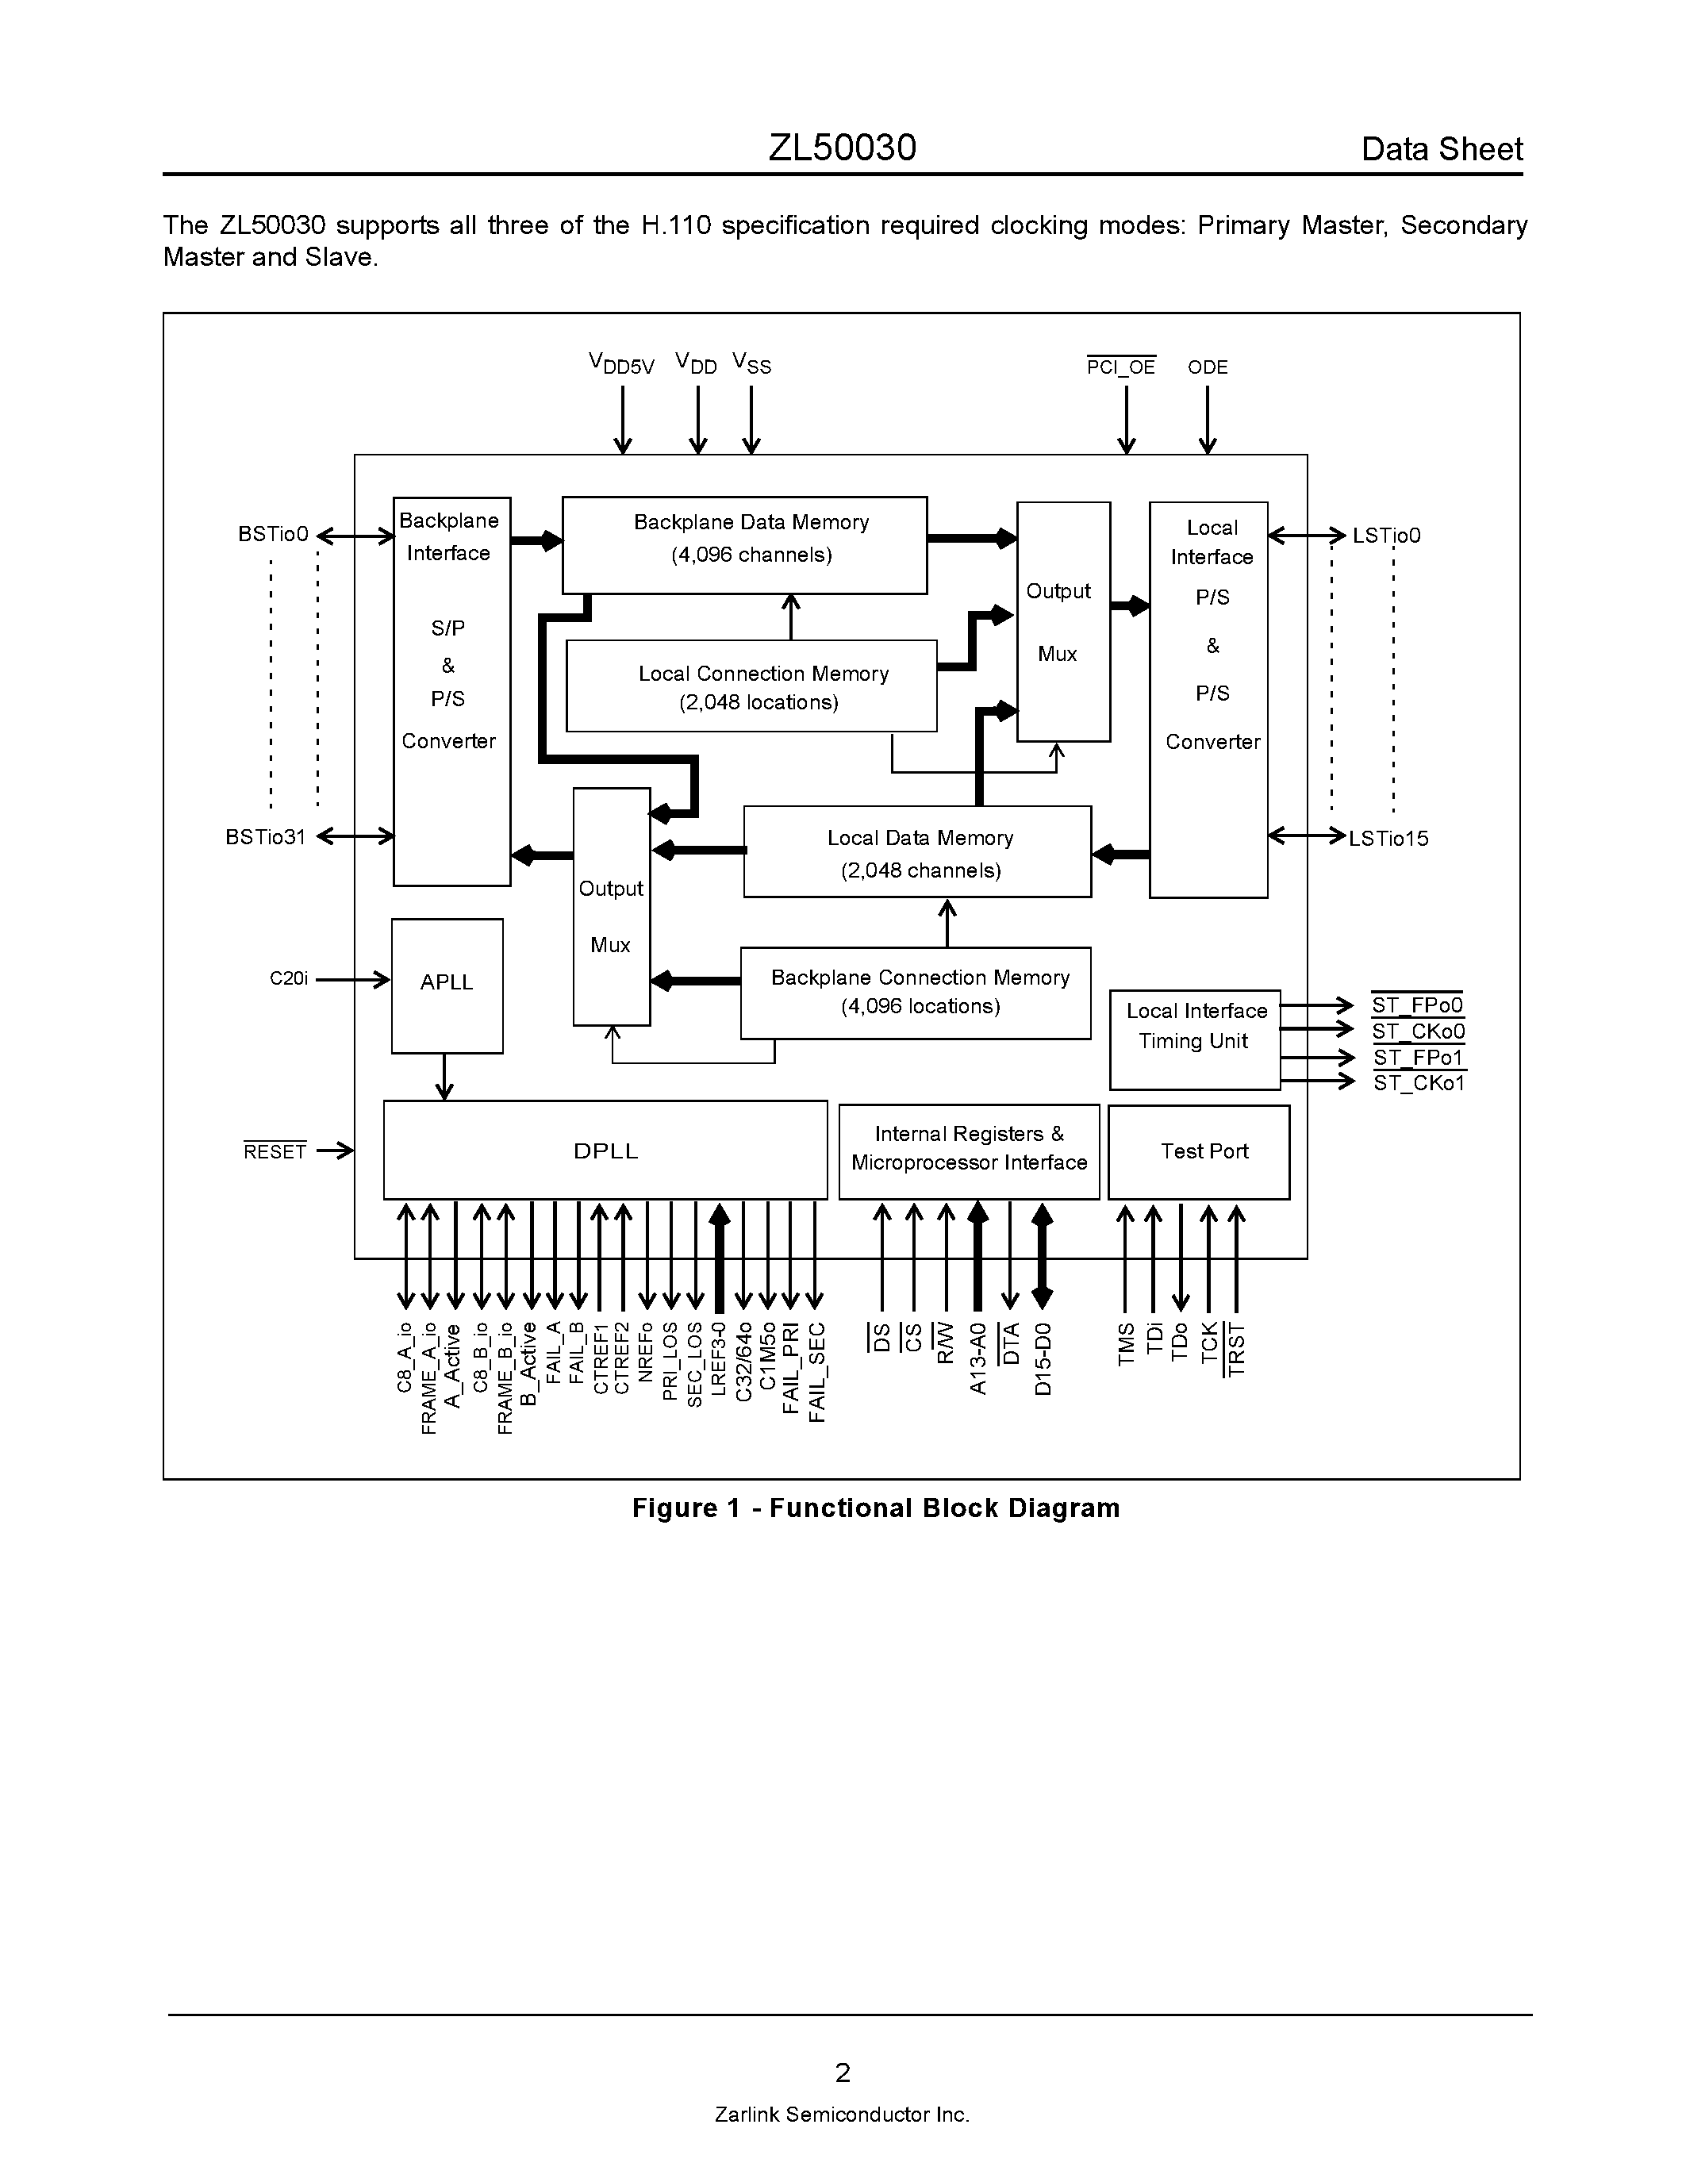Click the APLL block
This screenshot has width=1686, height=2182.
pyautogui.click(x=447, y=985)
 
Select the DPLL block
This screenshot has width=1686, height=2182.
pyautogui.click(x=605, y=1150)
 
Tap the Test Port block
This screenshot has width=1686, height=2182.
pyautogui.click(x=1199, y=1151)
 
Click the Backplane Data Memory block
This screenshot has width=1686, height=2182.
pyautogui.click(x=744, y=544)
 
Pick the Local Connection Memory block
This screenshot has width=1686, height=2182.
pyautogui.click(x=751, y=686)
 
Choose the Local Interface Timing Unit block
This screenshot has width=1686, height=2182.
pyautogui.click(x=1195, y=1039)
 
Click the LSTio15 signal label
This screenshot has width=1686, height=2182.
pyautogui.click(x=1388, y=838)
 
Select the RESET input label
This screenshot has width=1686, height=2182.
pyautogui.click(x=275, y=1152)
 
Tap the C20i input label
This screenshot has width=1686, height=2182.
pyautogui.click(x=289, y=978)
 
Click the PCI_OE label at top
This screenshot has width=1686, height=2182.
pyautogui.click(x=1120, y=367)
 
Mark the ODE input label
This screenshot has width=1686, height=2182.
pyautogui.click(x=1208, y=367)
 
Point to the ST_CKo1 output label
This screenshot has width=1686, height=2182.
pyautogui.click(x=1419, y=1083)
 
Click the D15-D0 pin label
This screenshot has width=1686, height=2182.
pyautogui.click(x=1043, y=1358)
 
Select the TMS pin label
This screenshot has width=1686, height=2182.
pyautogui.click(x=1127, y=1344)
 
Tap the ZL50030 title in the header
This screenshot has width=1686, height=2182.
pyautogui.click(x=842, y=148)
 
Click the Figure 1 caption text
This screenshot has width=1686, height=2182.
pyautogui.click(x=875, y=1508)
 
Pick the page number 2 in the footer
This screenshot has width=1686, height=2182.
pyautogui.click(x=843, y=2073)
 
